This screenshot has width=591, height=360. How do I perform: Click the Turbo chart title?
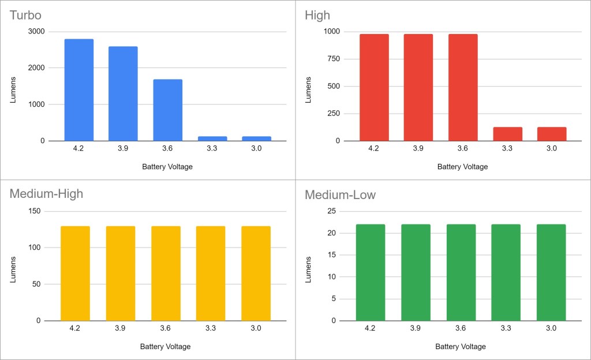tap(25, 15)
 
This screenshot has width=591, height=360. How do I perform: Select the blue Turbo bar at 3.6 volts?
tap(167, 110)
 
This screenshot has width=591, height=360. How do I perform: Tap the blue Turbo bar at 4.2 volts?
tap(79, 89)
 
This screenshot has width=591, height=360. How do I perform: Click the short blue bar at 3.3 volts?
tap(212, 138)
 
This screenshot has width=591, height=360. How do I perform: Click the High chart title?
tap(317, 15)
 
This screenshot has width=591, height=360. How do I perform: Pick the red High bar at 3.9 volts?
tap(418, 87)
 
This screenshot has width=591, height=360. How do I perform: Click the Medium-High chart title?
tap(46, 194)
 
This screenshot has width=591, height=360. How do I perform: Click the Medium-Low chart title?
tap(340, 195)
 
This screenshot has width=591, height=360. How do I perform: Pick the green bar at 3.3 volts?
tap(506, 272)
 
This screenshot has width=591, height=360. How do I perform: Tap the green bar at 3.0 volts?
tap(551, 272)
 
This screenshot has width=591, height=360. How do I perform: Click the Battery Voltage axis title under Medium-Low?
tap(461, 347)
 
